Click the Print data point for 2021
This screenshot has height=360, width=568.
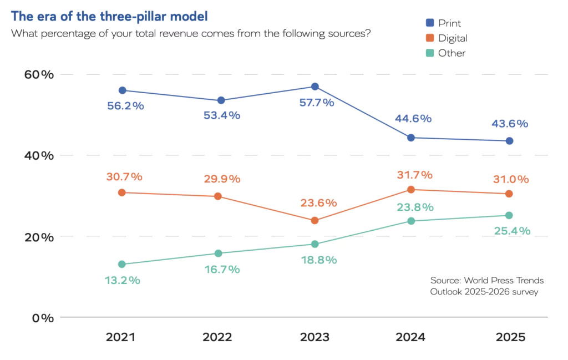click(123, 90)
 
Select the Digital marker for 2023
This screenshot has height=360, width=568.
click(315, 220)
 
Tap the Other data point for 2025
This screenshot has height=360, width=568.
click(509, 215)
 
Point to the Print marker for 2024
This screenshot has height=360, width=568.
click(411, 138)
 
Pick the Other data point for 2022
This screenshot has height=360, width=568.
click(218, 253)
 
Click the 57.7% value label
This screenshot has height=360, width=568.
click(317, 103)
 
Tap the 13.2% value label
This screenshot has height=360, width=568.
click(123, 280)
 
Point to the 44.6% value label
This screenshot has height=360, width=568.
click(413, 119)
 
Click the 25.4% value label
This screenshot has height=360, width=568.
click(513, 231)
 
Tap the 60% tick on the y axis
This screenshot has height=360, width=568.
click(38, 74)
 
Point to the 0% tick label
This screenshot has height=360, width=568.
click(41, 318)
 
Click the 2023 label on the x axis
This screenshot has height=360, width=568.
click(315, 337)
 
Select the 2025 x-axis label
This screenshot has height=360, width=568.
click(509, 337)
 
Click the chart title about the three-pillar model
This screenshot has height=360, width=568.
click(110, 16)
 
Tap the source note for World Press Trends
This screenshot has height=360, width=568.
click(486, 286)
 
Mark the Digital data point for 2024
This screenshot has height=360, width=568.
click(411, 190)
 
